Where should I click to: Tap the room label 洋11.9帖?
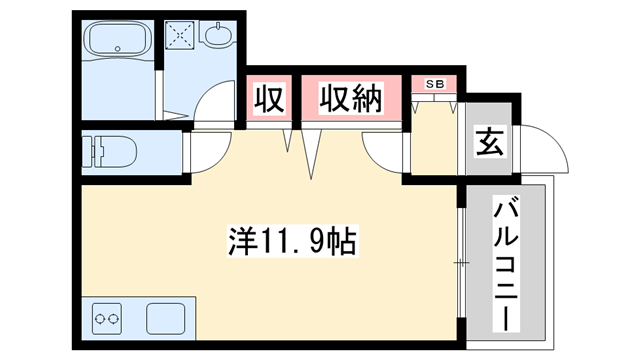(x=290, y=241)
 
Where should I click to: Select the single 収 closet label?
(x=269, y=100)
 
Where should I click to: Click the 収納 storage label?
(x=353, y=99)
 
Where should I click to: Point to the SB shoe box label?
(x=436, y=83)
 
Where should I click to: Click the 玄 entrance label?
(x=489, y=143)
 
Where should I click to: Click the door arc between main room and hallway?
(x=384, y=156)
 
